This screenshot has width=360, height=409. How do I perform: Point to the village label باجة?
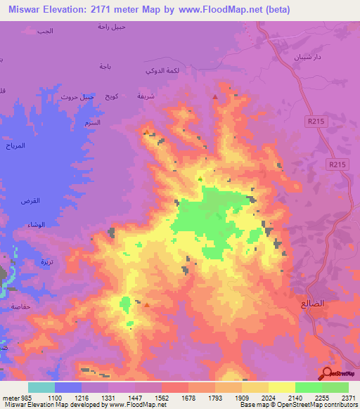pyautogui.click(x=105, y=66)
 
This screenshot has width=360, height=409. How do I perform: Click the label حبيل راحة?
pyautogui.click(x=112, y=27)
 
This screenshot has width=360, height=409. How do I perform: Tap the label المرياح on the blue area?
pyautogui.click(x=16, y=146)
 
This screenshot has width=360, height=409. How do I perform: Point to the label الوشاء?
pyautogui.click(x=35, y=225)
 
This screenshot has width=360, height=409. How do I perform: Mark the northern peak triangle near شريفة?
pyautogui.click(x=214, y=96)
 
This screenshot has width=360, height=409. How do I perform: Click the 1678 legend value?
pyautogui.click(x=188, y=398)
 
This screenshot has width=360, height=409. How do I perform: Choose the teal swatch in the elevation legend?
pyautogui.click(x=41, y=387)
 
